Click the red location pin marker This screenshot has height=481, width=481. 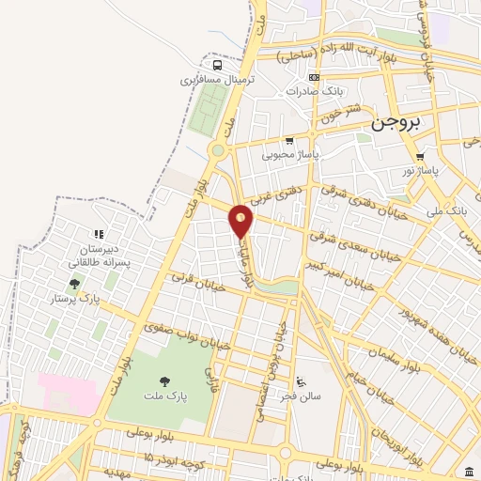241,221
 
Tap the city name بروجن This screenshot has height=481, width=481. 396,120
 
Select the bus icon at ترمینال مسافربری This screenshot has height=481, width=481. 218,66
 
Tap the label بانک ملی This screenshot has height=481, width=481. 445,212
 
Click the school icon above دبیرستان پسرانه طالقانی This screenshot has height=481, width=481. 96,234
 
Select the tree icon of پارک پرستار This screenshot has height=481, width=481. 74,284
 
